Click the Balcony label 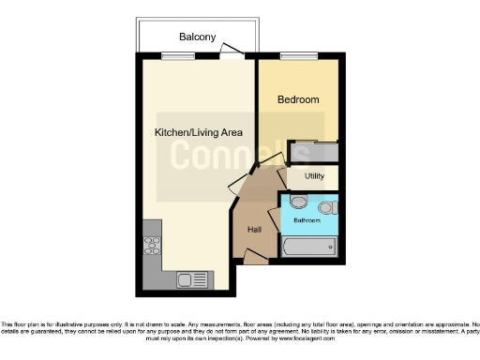[x=198, y=37]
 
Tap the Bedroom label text [x=298, y=99]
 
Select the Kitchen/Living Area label [x=198, y=132]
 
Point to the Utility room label [x=313, y=176]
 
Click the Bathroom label [x=307, y=221]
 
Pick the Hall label [x=254, y=230]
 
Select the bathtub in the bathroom [x=308, y=248]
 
